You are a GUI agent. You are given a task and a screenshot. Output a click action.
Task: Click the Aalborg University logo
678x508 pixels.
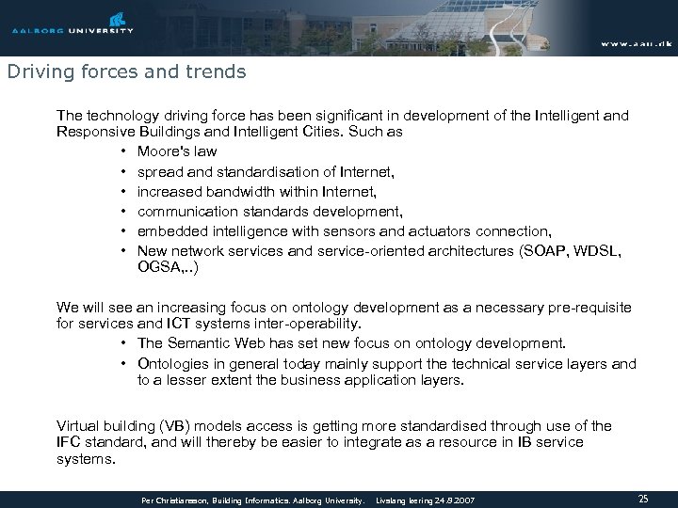(x=73, y=23)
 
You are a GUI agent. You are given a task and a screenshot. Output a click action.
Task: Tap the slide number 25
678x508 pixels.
(x=643, y=497)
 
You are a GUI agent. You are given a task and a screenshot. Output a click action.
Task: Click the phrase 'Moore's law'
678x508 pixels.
(x=177, y=151)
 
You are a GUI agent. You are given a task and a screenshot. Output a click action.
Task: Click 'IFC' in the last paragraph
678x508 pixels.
(x=69, y=442)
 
